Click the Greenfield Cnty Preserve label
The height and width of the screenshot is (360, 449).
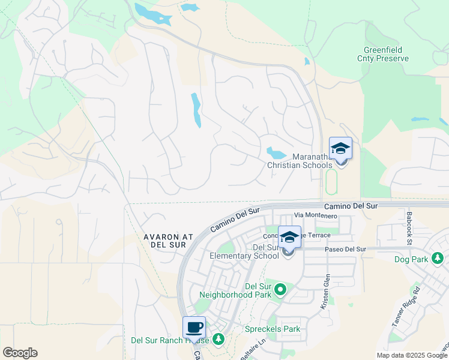386,54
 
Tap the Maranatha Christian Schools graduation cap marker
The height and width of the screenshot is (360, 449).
340,148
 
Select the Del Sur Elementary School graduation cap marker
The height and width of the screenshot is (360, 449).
289,237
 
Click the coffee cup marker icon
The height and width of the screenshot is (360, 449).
194,328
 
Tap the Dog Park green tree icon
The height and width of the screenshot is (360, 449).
438,259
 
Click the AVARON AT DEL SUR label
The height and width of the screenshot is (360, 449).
168,241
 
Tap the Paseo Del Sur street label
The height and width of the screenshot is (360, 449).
345,249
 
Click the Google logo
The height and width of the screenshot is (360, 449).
20,353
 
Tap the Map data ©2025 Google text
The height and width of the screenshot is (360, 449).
411,355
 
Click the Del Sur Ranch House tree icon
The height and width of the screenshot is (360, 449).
218,340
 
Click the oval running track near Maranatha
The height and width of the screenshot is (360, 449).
330,181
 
